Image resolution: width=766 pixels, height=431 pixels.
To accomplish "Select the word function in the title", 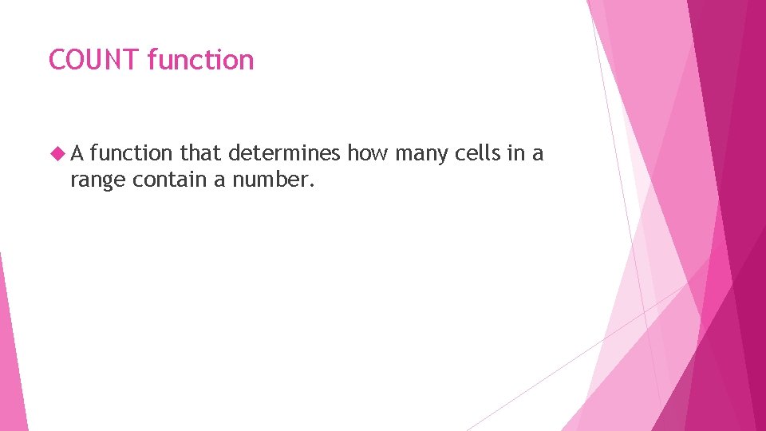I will [200, 60].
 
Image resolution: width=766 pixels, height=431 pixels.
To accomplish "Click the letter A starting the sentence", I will [78, 153].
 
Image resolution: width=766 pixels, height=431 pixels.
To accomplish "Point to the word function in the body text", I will [132, 153].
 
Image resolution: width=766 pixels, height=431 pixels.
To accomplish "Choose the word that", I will [202, 153].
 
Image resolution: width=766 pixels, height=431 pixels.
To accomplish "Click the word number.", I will [271, 180].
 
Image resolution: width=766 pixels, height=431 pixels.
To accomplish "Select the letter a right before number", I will [219, 181].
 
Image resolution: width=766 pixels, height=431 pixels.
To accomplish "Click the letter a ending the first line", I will [539, 154].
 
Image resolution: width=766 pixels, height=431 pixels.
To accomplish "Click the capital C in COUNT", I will [57, 60].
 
